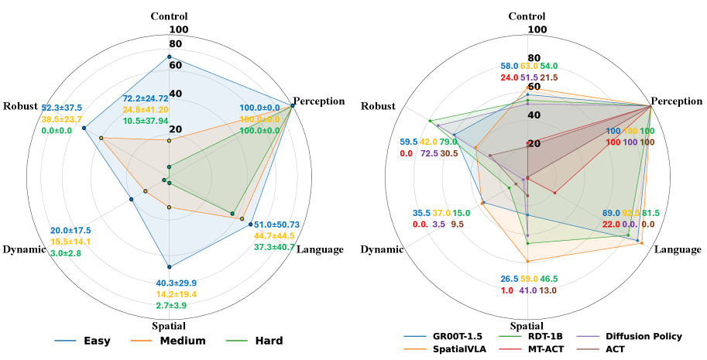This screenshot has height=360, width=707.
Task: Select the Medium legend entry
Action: pos(183,341)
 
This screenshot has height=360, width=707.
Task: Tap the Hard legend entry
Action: pos(267,341)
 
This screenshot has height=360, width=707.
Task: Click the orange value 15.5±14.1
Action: pos(70,242)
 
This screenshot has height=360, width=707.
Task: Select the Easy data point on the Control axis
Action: pos(169,57)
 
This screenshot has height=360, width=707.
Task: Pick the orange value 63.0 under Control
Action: pos(529,67)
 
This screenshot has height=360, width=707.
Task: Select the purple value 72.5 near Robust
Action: pos(429,153)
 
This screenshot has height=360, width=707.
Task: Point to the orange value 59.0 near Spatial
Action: pos(528,279)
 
